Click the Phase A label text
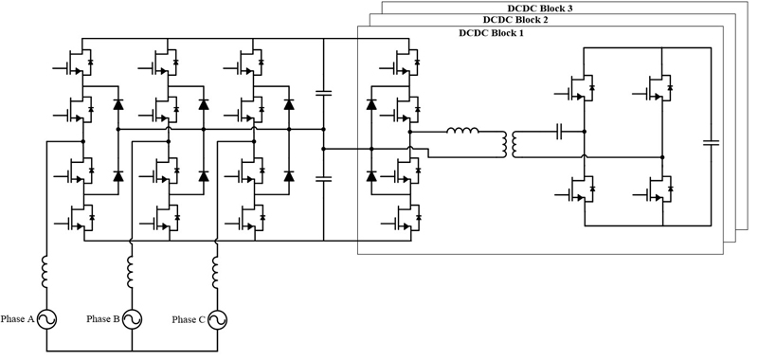pyautogui.click(x=17, y=319)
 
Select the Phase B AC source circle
pyautogui.click(x=132, y=319)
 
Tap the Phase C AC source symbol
pyautogui.click(x=217, y=319)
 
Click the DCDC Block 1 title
pyautogui.click(x=491, y=33)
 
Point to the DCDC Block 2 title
pyautogui.click(x=515, y=20)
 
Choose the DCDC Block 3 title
pyautogui.click(x=540, y=8)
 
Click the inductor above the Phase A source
pyautogui.click(x=45, y=272)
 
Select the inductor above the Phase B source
pyautogui.click(x=131, y=272)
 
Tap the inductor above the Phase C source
pyautogui.click(x=216, y=272)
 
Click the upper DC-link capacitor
pyautogui.click(x=323, y=92)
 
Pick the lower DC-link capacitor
pyautogui.click(x=323, y=179)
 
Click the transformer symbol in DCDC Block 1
pyautogui.click(x=509, y=144)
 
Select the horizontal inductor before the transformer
pyautogui.click(x=462, y=130)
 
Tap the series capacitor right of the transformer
pyautogui.click(x=560, y=131)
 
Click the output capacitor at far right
pyautogui.click(x=712, y=142)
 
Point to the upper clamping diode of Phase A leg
pyautogui.click(x=117, y=104)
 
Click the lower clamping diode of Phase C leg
pyautogui.click(x=289, y=176)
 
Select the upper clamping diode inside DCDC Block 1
pyautogui.click(x=371, y=104)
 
